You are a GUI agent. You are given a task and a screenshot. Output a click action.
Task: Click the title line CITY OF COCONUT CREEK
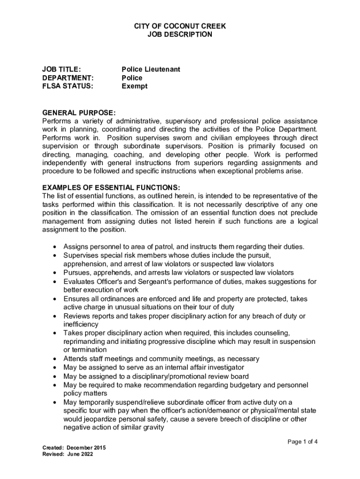[x=180, y=26]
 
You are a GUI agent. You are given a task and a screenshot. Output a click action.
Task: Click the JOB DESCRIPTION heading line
[x=180, y=35]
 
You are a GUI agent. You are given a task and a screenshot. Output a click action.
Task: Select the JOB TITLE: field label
[x=61, y=69]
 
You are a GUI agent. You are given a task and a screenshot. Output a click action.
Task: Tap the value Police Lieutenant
[x=151, y=69]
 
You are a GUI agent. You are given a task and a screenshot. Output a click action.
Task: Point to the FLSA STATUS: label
[x=68, y=86]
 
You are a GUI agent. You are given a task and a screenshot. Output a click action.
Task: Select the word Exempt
[x=135, y=86]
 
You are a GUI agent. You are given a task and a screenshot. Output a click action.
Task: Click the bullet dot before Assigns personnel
[x=55, y=247]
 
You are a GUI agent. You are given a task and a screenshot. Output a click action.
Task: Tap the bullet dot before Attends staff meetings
[x=55, y=359]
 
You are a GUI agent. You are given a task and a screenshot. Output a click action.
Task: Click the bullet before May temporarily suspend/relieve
[x=55, y=402]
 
